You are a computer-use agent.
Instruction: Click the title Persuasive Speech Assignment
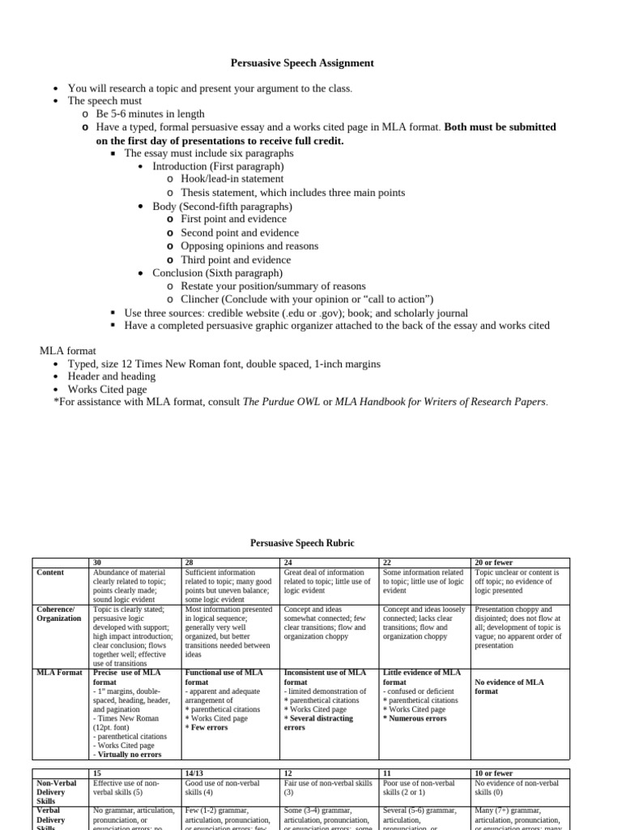click(302, 62)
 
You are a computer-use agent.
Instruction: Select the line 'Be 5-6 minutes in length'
click(150, 114)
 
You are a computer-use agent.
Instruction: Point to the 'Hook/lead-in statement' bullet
click(232, 179)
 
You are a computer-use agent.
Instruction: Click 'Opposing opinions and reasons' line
click(249, 246)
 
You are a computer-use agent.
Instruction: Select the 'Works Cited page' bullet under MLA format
click(107, 390)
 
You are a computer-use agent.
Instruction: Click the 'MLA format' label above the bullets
click(68, 351)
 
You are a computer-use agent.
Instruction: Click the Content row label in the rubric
click(51, 572)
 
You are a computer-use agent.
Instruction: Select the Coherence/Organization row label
click(59, 614)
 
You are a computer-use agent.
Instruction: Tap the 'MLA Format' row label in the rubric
click(59, 673)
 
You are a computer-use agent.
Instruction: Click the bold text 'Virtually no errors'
click(130, 754)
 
